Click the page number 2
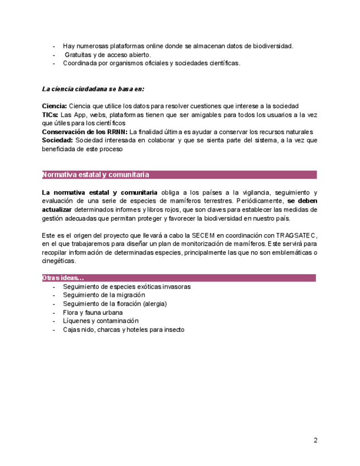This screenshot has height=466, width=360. coord(315,440)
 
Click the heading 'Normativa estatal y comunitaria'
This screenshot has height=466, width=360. coord(95,175)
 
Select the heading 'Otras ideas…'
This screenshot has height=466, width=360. coord(63,278)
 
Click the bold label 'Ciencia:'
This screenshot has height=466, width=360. coord(54,106)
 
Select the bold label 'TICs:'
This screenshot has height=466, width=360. coord(51,115)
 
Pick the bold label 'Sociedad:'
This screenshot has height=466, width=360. coord(58,141)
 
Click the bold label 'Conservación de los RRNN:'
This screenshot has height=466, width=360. coord(85,132)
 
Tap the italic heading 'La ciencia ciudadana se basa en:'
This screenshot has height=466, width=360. coord(93,89)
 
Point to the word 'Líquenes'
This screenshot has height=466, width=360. coord(76,321)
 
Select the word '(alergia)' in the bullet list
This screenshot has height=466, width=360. coord(154,303)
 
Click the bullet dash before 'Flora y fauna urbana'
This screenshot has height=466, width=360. coord(54,312)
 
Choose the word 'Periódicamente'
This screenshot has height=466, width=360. coord(257,201)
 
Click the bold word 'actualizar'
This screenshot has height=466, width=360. coord(57,209)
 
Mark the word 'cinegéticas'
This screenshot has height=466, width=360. coord(59,261)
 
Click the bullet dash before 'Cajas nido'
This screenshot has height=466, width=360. coord(54,330)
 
